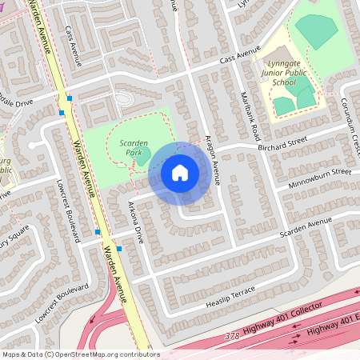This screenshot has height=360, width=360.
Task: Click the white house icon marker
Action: click(180, 172)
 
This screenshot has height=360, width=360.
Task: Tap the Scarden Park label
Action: click(134, 147)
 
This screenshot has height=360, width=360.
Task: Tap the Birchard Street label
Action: click(282, 142)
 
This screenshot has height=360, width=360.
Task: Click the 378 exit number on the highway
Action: click(232, 336)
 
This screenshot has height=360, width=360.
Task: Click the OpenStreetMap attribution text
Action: click(80, 354)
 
